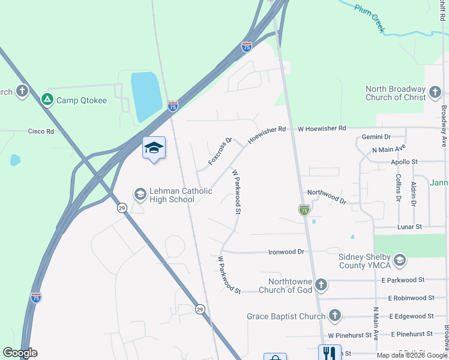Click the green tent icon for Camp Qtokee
[47, 100]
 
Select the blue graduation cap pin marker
[154, 148]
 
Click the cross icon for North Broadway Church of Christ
[435, 92]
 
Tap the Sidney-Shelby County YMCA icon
[400, 260]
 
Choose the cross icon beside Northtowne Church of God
[321, 284]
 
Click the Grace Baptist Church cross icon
[335, 316]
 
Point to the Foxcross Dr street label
[220, 152]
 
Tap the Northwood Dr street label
[327, 197]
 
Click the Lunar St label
[410, 227]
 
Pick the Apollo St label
[404, 162]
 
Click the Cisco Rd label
[41, 131]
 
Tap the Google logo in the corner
[20, 353]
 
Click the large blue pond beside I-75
[146, 96]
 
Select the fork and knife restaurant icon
[329, 352]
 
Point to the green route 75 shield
[304, 209]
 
